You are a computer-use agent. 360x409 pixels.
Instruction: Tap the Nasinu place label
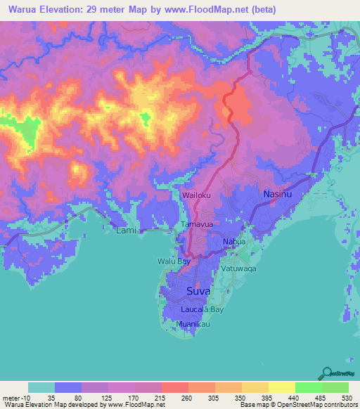pyautogui.click(x=276, y=193)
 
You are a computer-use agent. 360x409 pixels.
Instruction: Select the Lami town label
pyautogui.click(x=127, y=230)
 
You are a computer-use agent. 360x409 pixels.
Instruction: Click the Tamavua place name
pyautogui.click(x=196, y=224)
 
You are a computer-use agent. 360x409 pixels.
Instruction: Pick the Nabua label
pyautogui.click(x=234, y=242)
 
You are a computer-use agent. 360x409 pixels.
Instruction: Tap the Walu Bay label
pyautogui.click(x=173, y=261)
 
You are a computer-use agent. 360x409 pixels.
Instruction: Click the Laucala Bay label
pyautogui.click(x=202, y=309)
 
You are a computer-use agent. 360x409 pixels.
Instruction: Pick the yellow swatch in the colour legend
pyautogui.click(x=281, y=387)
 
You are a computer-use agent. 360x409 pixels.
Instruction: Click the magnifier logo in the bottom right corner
pyautogui.click(x=328, y=375)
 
